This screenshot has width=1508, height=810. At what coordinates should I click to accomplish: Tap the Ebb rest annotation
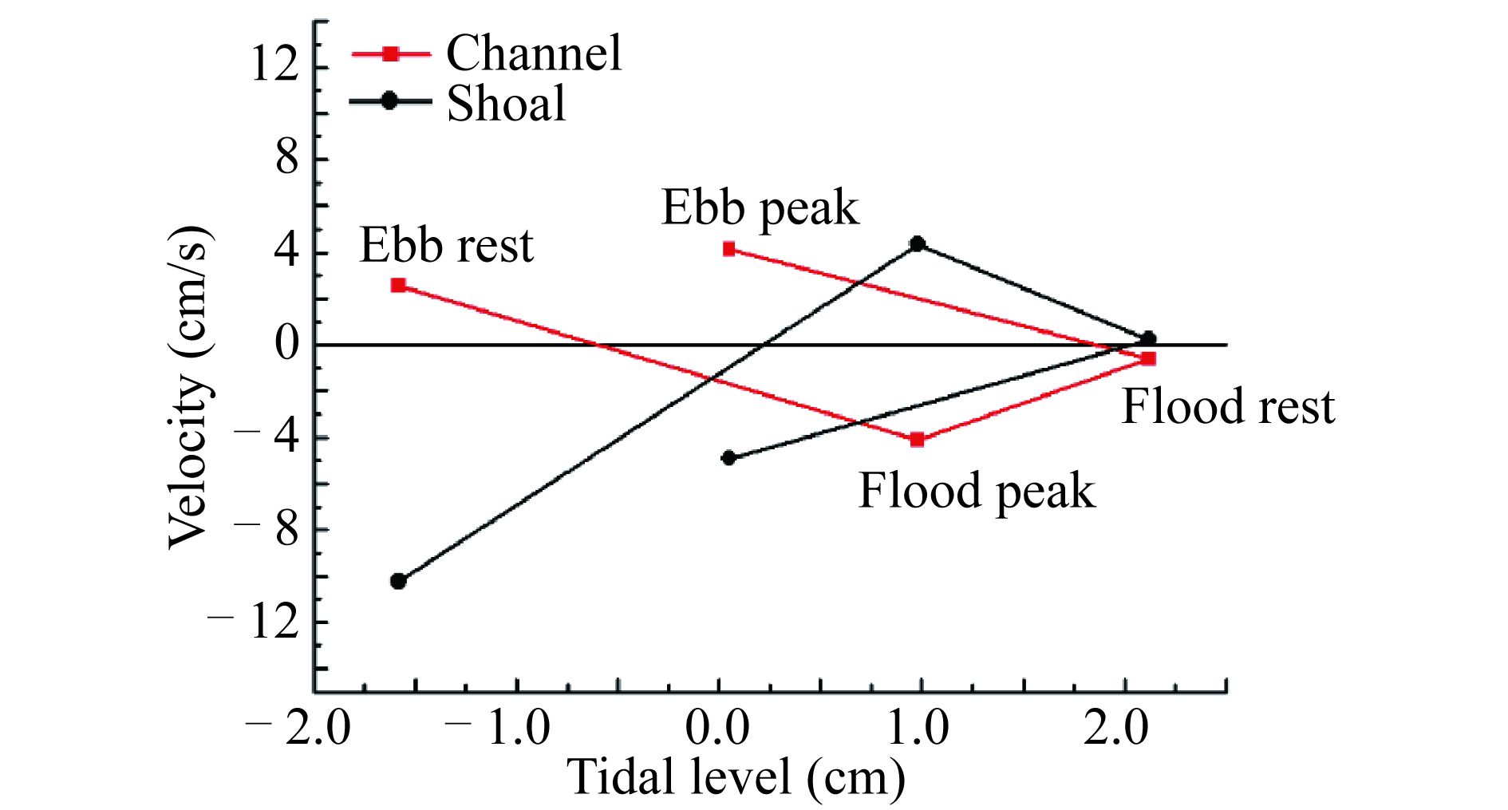(x=446, y=245)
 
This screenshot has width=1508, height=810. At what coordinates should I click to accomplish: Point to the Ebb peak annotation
(x=760, y=208)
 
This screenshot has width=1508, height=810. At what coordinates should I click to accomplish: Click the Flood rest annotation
(x=1228, y=406)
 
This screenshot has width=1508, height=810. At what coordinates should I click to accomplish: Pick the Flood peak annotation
(x=976, y=490)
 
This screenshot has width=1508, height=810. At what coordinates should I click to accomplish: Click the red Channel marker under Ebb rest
(x=398, y=285)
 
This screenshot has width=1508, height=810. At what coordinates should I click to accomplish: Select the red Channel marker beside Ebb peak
(x=728, y=249)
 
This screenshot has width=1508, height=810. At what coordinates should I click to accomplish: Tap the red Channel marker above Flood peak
(x=918, y=440)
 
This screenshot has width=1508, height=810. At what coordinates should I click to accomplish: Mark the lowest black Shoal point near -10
(x=398, y=581)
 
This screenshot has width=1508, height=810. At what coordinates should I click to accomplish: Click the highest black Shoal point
(x=918, y=243)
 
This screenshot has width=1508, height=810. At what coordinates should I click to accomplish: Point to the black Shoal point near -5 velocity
(x=728, y=458)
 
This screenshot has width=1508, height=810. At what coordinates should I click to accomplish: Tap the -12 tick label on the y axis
(x=254, y=622)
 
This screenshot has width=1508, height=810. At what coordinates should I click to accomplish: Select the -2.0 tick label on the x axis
(x=299, y=729)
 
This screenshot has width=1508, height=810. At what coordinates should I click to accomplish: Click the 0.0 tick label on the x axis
(x=717, y=729)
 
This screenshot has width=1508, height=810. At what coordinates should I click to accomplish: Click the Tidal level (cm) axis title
(x=736, y=776)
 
